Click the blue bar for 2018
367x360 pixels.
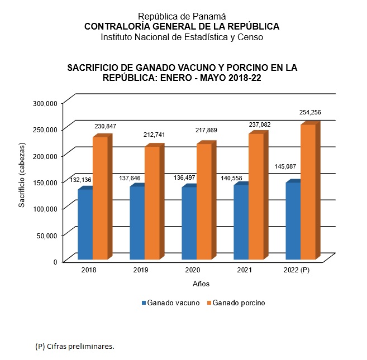point(85,224)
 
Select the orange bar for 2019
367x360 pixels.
point(152,203)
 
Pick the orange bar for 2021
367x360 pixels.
point(255,196)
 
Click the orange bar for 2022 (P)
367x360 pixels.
point(308,191)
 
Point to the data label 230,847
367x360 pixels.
point(104,127)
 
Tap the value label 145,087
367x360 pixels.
point(287,167)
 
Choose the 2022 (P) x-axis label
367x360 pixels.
point(296,270)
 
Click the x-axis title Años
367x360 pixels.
point(201,284)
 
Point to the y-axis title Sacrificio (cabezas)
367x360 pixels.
point(22,175)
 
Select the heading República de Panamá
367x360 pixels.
point(182,17)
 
